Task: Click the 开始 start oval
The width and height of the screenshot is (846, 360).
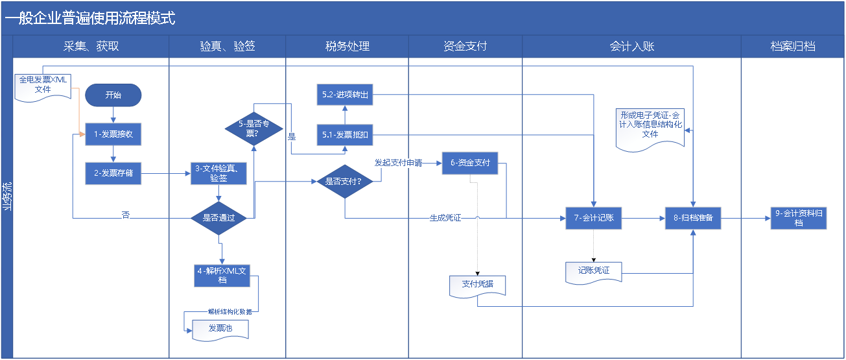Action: tap(113, 95)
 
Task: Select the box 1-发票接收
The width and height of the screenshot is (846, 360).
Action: tap(113, 134)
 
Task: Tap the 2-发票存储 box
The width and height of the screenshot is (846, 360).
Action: tap(113, 173)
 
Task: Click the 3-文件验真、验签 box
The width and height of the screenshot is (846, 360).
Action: tap(218, 173)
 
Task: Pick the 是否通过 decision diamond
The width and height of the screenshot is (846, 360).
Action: tap(218, 218)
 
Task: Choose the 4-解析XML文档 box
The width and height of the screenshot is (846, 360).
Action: tap(222, 276)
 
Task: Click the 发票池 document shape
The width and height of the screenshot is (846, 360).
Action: tap(220, 330)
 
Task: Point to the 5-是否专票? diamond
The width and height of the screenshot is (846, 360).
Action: tap(254, 129)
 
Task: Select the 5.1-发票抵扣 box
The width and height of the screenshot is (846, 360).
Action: tap(345, 135)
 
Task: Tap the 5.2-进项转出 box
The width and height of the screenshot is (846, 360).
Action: tap(345, 95)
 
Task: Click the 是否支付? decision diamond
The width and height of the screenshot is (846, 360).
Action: tap(345, 182)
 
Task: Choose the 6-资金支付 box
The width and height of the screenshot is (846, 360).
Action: tap(470, 163)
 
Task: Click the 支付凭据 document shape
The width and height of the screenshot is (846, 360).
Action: tap(477, 286)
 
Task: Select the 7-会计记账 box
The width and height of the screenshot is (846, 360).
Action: tap(594, 218)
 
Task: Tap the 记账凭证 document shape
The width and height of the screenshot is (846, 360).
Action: tap(594, 272)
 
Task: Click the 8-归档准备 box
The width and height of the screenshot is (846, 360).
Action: tap(693, 218)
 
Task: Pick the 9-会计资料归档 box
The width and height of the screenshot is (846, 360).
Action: tap(799, 218)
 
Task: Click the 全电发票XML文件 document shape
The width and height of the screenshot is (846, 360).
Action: tap(43, 88)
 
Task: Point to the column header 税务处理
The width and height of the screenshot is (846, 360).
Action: tap(347, 47)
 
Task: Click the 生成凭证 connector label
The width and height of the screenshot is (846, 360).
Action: tap(445, 218)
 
